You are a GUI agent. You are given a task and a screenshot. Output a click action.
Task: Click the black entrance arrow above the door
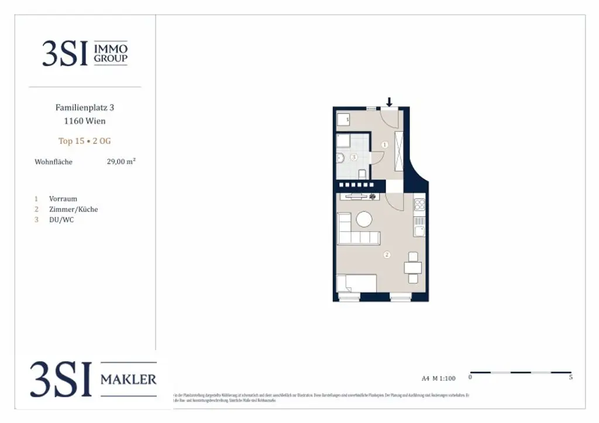point(390,102)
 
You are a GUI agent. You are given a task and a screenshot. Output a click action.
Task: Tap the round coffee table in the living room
point(364,219)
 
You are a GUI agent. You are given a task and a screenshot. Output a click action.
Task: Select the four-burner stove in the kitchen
point(419,205)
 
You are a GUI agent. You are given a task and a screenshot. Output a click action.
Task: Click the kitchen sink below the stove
point(419,231)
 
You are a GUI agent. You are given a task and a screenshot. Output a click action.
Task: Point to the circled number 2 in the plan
point(387,255)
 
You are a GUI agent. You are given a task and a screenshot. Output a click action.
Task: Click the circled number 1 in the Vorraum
point(384,144)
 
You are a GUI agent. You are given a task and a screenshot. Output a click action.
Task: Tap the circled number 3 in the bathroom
point(353,157)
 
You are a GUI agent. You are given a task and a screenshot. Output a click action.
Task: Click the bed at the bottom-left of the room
point(356,285)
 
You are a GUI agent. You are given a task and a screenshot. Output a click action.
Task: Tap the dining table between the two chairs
point(413,268)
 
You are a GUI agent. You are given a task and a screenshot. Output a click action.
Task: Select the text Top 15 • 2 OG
point(85,141)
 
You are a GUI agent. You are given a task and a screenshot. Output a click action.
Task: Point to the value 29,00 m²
point(121,162)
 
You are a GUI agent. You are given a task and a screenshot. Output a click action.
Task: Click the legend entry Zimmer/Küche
point(73,209)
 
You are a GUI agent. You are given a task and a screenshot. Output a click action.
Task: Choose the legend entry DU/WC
point(61,220)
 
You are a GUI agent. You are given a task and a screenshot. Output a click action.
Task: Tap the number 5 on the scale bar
point(570,377)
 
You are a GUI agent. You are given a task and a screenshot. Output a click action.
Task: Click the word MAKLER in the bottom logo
point(129,380)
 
